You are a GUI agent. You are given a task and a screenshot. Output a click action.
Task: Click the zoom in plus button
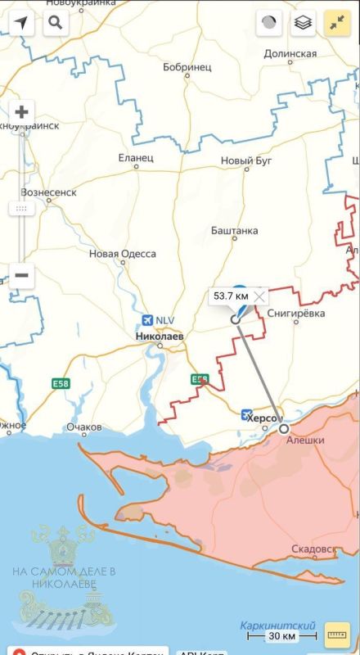point(22,111)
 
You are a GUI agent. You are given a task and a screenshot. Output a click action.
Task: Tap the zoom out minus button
point(22,275)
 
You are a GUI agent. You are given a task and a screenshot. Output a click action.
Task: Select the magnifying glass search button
point(55,22)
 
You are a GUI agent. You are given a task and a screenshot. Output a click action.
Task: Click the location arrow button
point(22,22)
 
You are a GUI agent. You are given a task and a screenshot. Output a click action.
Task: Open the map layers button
point(304,23)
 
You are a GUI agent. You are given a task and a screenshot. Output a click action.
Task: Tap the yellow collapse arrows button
point(337,23)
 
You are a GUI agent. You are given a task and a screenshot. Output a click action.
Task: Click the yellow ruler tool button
point(336,634)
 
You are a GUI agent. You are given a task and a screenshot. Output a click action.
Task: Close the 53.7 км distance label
point(259,295)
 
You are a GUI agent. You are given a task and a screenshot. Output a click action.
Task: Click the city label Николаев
point(160,336)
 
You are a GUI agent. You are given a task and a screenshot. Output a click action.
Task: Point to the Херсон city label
point(263,418)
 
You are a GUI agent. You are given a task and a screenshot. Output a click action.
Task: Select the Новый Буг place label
point(247,161)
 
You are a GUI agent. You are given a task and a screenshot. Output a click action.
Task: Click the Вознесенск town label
point(48,192)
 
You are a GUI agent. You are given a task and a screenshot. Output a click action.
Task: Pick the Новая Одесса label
point(123,254)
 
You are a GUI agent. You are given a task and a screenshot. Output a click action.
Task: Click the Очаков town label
point(84,427)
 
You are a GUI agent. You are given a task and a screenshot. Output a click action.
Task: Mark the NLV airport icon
point(147,319)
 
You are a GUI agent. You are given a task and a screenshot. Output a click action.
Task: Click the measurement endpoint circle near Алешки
point(284,427)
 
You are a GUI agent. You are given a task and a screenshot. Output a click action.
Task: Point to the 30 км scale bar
point(281,635)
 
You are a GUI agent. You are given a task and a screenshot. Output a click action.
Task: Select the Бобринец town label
point(187,66)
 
